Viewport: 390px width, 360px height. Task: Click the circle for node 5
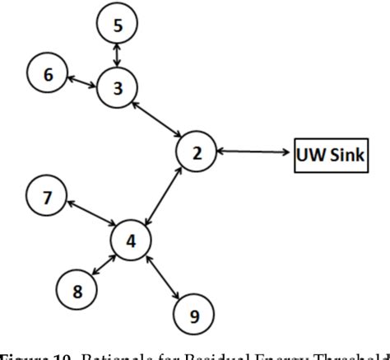118,25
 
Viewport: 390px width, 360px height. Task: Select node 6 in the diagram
49,74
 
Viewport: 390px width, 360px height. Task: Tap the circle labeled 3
118,88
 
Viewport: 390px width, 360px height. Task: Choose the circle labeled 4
132,240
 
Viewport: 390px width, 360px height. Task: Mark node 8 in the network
77,289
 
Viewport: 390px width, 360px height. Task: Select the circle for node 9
194,313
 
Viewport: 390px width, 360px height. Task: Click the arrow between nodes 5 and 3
118,56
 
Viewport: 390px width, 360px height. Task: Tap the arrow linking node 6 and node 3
82,81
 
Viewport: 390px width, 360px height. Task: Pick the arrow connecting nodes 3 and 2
157,120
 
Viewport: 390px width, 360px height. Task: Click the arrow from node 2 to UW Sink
254,152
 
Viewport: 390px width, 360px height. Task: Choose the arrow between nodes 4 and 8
105,264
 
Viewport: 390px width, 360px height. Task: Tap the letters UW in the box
311,153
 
